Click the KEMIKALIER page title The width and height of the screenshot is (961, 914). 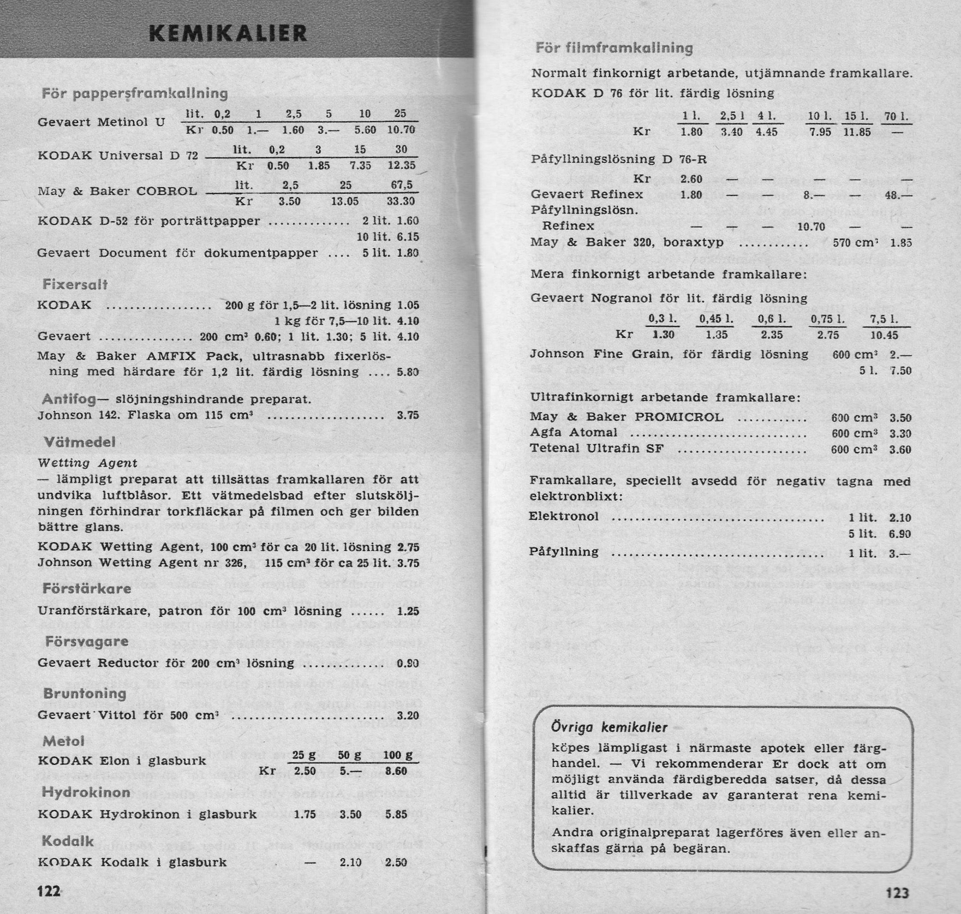tap(228, 34)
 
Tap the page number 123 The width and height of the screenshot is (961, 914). tap(897, 892)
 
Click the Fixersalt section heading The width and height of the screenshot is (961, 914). tap(74, 285)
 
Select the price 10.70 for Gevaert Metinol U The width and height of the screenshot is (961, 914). tap(401, 130)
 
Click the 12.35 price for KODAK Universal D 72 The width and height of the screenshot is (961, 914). tap(401, 166)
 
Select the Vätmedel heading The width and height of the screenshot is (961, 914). tap(80, 442)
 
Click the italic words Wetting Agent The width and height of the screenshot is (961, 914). tap(87, 462)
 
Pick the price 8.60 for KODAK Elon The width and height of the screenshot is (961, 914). tap(396, 771)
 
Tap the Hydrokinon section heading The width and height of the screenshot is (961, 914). tap(86, 792)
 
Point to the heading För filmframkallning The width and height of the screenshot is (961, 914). tap(614, 48)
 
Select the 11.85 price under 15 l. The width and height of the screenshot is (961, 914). tap(857, 132)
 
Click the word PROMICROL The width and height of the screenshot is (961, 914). tap(679, 418)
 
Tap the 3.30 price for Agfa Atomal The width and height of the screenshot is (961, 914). tap(900, 433)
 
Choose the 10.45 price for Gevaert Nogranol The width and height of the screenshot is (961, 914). tap(884, 335)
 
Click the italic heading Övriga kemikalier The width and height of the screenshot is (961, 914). tap(609, 728)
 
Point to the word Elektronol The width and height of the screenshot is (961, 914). tap(564, 516)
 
